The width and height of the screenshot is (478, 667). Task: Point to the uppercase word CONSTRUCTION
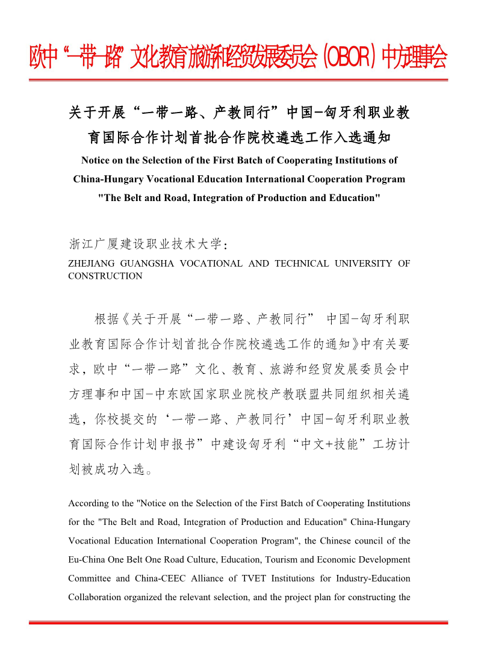coord(105,276)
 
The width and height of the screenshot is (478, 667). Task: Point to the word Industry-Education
coord(369,578)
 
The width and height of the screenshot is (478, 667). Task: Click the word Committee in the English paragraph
coord(90,578)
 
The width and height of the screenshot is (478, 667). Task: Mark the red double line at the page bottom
coord(239,622)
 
